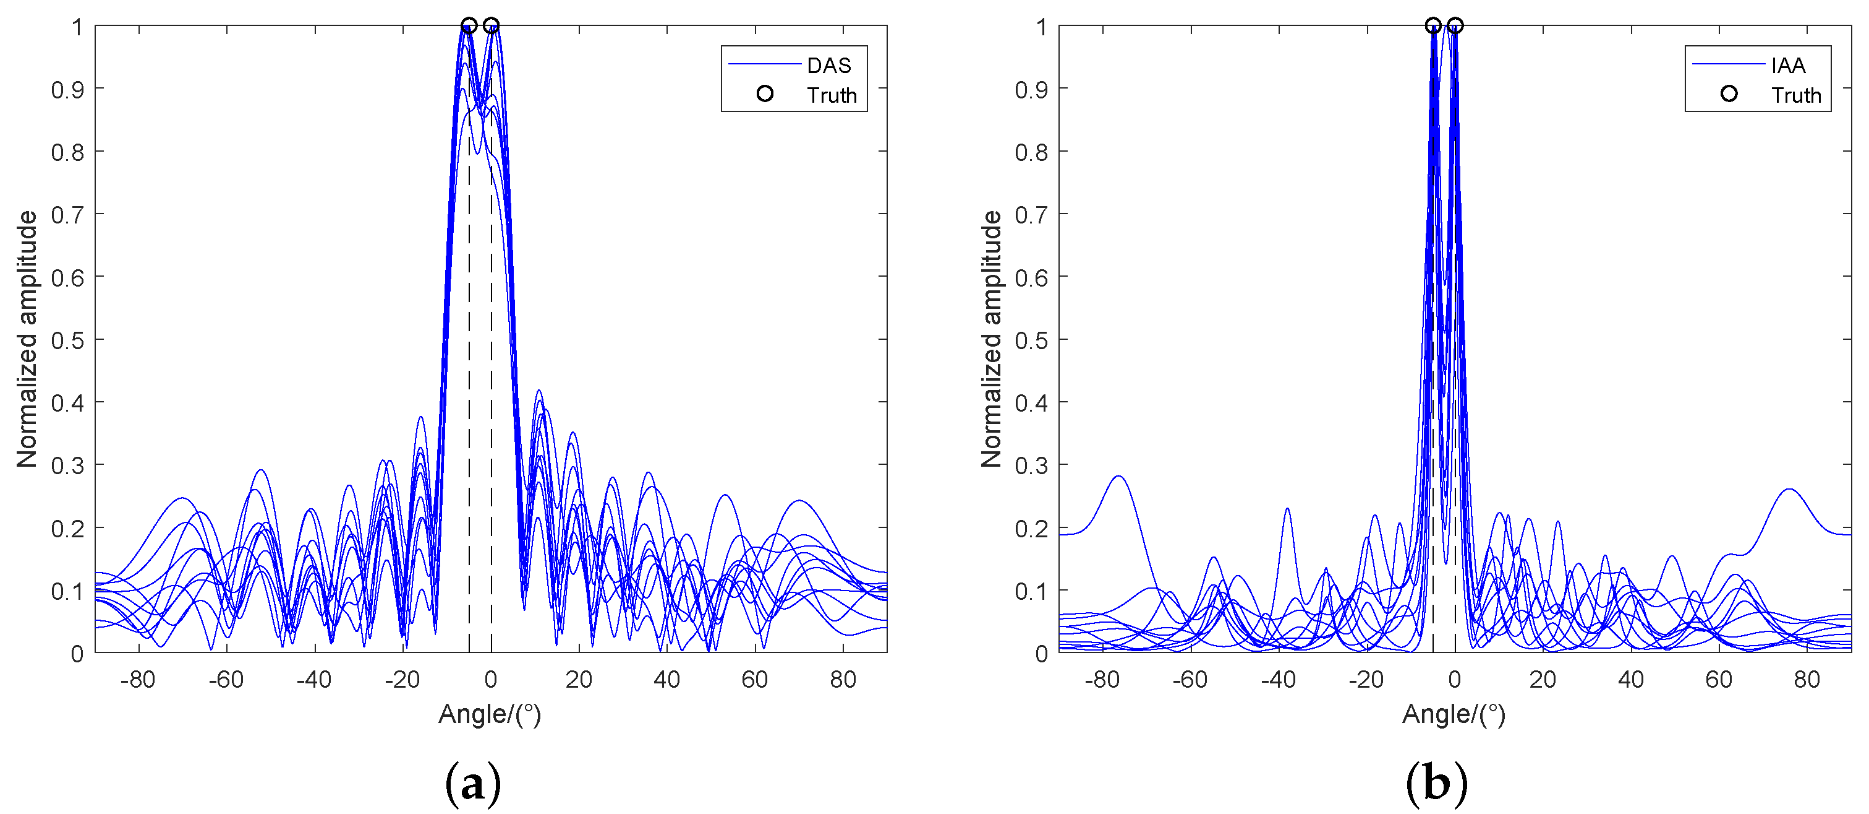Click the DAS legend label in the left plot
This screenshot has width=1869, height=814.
pos(828,66)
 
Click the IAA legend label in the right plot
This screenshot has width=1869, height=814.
pos(1788,66)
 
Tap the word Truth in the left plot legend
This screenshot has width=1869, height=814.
pos(832,95)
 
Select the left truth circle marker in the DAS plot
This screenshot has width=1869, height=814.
pos(469,26)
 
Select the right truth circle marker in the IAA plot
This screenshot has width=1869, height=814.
pos(1455,26)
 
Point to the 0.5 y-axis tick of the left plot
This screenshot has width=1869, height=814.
pos(67,340)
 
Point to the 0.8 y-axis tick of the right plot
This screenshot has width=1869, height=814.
pos(1031,152)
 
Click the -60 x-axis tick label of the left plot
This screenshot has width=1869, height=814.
pos(226,680)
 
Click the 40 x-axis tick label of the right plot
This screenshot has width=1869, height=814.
pos(1630,680)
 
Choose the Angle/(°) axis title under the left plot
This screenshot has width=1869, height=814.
pos(490,714)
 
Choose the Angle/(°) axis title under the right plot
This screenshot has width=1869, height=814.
pos(1454,714)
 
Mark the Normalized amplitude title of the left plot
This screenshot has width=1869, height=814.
pos(27,339)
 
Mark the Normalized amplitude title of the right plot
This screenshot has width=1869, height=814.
pos(991,339)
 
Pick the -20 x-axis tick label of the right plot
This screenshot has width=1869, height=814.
pos(1366,680)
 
